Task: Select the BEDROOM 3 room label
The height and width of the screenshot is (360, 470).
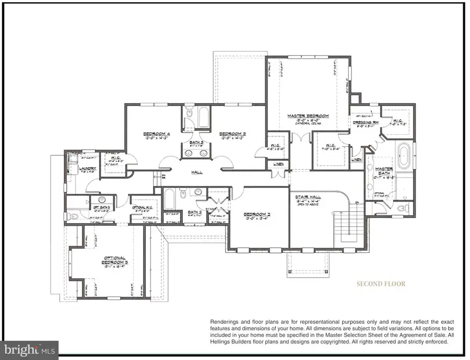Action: coord(232,134)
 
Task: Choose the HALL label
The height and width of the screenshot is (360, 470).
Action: coord(197,172)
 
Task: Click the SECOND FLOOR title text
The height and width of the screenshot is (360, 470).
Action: coord(380,284)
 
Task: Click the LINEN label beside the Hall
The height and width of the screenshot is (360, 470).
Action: coord(278,165)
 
